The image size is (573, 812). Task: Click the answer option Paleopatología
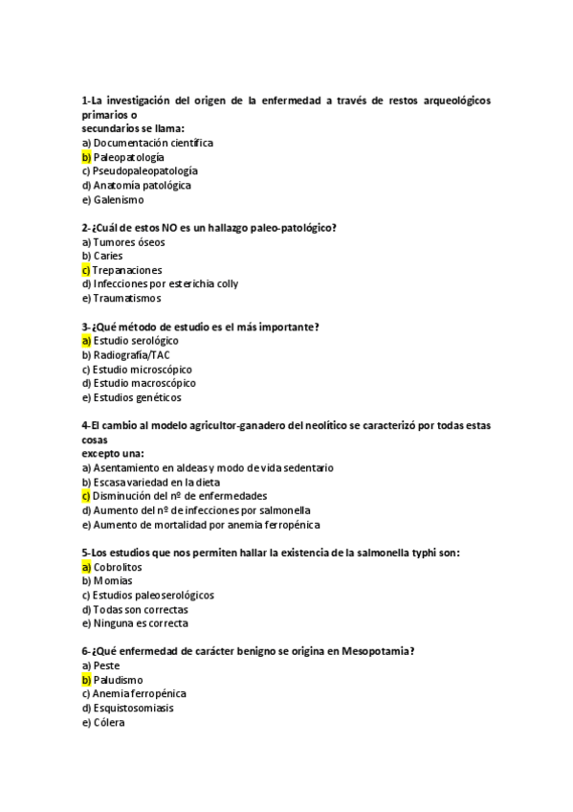pos(129,156)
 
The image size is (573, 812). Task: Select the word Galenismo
pos(119,199)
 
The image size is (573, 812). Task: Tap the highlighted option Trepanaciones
pos(127,270)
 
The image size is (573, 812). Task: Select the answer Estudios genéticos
pos(137,397)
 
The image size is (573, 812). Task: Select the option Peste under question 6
pos(106,665)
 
